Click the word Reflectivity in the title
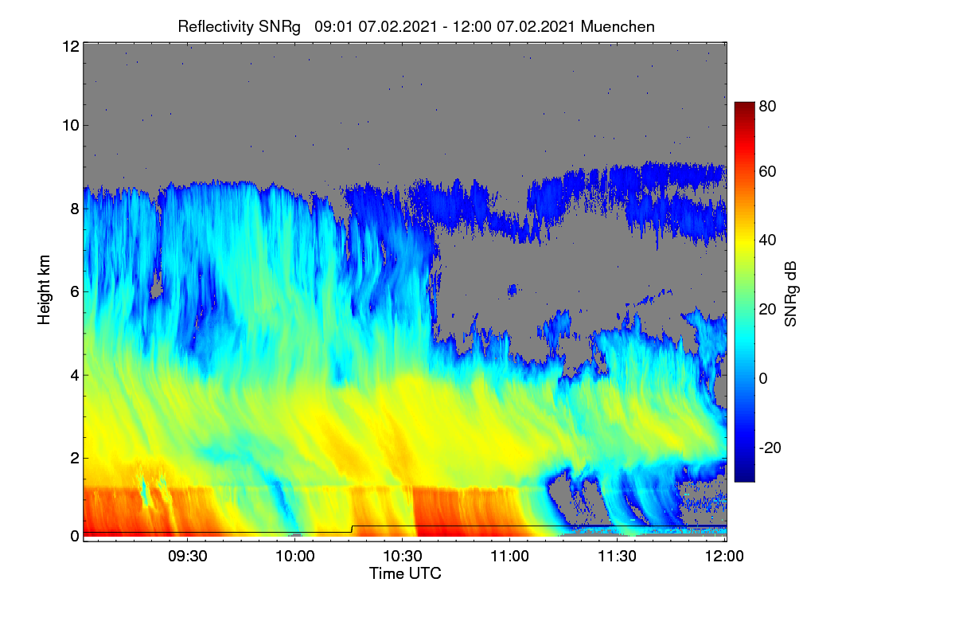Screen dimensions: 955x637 pos(216,27)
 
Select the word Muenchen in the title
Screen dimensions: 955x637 pos(618,27)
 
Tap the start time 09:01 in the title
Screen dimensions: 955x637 pos(333,27)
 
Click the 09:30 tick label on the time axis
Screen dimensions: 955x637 pos(188,556)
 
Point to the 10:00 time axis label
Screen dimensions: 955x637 pos(295,556)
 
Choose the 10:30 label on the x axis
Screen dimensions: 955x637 pos(403,556)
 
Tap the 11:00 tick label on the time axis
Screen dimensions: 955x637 pos(509,556)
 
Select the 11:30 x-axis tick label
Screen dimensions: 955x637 pos(617,556)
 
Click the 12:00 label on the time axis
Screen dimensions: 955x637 pos(724,556)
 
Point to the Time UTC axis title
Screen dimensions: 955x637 pos(405,573)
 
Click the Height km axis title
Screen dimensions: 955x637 pos(44,290)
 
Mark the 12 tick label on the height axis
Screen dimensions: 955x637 pos(71,46)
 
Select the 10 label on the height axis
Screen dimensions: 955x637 pos(71,126)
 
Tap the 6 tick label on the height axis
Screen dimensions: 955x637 pos(75,292)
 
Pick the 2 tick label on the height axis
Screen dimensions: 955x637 pos(75,458)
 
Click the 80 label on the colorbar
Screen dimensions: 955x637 pos(767,106)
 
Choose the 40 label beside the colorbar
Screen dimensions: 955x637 pos(767,240)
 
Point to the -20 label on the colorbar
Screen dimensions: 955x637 pos(770,447)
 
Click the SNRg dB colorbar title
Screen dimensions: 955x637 pos(790,295)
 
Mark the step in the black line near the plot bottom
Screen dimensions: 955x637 pos(352,529)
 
